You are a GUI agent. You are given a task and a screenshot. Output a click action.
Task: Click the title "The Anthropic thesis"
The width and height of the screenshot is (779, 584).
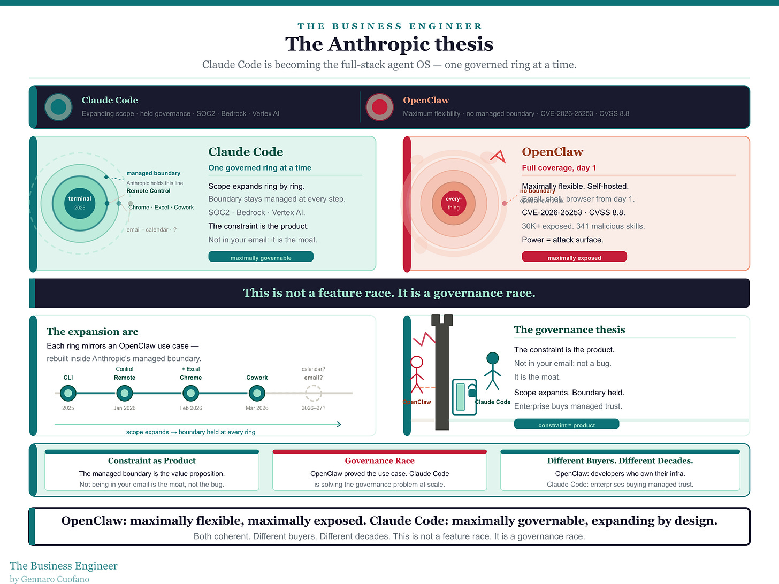[389, 44]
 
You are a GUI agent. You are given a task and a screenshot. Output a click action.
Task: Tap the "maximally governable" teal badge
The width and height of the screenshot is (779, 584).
[261, 257]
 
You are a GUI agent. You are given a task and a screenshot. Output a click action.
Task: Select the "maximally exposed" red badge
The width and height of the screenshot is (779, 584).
[574, 257]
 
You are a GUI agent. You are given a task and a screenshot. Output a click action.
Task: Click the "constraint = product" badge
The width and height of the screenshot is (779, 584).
[566, 425]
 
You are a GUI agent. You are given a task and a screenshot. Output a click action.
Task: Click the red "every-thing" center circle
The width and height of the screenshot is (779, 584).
[454, 203]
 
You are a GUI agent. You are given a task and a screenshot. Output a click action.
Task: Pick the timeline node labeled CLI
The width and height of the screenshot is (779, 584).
[68, 394]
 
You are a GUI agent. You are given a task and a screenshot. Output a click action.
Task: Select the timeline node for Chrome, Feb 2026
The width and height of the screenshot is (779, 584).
[191, 394]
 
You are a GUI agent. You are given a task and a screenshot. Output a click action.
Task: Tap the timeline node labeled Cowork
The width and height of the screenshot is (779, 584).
[257, 394]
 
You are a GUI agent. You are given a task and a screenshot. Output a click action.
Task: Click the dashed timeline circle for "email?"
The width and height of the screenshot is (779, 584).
[313, 394]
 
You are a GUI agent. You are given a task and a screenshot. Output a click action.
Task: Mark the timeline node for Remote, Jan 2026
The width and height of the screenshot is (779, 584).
[125, 394]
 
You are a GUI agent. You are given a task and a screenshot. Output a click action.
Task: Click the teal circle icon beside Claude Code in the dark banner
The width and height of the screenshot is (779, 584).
[58, 107]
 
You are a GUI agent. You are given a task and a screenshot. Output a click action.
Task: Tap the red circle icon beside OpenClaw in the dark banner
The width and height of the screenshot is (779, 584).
[379, 107]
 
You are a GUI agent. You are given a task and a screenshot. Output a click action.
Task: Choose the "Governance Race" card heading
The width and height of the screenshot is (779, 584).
[379, 460]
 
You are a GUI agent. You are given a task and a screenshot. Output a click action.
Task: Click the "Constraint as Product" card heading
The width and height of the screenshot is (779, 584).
[152, 460]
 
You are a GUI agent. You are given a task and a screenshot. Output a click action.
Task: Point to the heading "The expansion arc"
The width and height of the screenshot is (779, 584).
[93, 332]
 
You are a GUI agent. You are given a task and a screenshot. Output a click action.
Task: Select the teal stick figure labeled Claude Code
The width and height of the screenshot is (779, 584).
[493, 370]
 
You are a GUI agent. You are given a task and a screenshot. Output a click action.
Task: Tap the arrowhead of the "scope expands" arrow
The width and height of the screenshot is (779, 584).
[339, 424]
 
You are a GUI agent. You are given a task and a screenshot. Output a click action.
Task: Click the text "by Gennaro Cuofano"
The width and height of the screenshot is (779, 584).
[50, 579]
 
